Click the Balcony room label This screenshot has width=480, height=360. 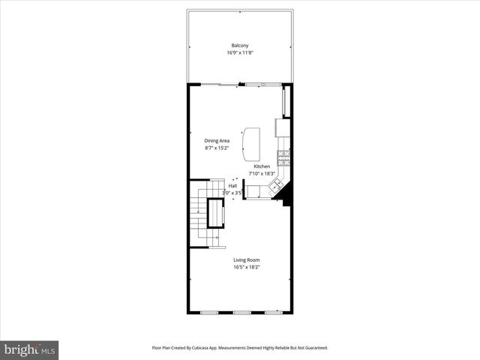240,45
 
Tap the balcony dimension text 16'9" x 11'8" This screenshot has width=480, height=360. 240,52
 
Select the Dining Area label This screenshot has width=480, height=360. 217,140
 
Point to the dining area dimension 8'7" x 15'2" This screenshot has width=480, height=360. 217,148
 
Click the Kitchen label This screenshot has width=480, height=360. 262,166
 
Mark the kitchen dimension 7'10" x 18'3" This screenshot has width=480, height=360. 262,173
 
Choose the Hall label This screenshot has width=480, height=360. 232,185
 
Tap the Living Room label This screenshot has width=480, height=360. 246,259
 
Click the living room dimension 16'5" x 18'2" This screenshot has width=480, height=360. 246,267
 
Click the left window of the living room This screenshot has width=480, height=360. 208,312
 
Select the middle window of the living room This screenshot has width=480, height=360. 241,312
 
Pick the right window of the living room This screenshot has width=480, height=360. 274,312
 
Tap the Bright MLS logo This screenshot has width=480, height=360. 29,349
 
